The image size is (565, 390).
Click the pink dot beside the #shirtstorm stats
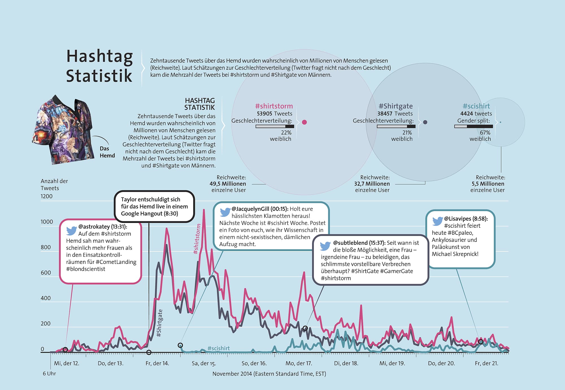pos(304,122)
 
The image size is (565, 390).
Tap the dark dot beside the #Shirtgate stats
pos(425,122)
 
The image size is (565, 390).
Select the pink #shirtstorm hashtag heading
pos(274,106)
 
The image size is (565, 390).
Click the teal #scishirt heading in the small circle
pos(476,106)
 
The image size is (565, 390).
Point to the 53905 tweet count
pos(264,114)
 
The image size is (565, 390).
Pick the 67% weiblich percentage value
pos(485,133)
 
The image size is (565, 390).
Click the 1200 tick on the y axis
pos(47,196)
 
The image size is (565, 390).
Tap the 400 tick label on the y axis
pos(45,298)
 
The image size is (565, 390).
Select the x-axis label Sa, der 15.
pos(204,363)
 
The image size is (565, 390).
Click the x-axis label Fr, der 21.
pos(486,363)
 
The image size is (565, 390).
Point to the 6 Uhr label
pos(49,374)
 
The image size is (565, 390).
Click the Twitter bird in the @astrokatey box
pos(71,231)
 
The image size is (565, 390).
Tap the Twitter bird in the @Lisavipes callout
pos(437,221)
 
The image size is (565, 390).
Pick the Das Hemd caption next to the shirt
pos(107,152)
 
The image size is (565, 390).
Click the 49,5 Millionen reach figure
pos(228,184)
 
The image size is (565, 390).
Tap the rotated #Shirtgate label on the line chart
pos(160,323)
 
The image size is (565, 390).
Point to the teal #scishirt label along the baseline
pos(218,349)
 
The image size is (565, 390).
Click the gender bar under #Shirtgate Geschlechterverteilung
pos(396,126)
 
